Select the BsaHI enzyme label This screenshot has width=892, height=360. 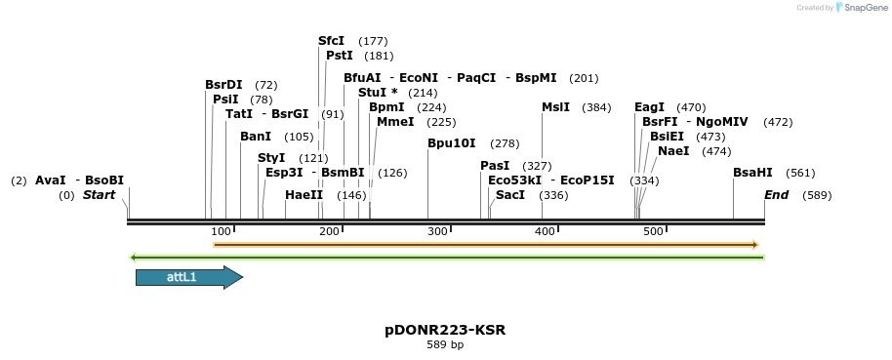[x=752, y=173]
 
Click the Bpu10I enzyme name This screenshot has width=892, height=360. [x=452, y=143]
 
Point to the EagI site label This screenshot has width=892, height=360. [x=649, y=107]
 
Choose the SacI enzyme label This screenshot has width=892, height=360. [x=510, y=195]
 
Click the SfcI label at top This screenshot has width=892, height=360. [x=332, y=41]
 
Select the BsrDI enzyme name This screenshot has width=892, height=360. [x=223, y=85]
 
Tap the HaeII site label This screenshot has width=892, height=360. [x=304, y=195]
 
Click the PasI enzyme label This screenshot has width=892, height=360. [x=496, y=166]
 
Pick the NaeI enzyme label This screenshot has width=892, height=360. [x=673, y=151]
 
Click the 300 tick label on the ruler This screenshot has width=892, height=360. [x=437, y=231]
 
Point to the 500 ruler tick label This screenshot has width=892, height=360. [x=653, y=231]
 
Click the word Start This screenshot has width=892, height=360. [x=99, y=195]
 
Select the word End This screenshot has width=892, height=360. [x=777, y=195]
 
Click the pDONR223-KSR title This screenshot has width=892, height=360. [x=445, y=330]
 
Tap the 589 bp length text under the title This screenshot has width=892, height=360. [x=445, y=344]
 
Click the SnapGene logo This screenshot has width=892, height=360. [x=860, y=8]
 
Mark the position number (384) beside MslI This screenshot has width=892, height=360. [x=596, y=107]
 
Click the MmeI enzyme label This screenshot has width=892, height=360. [x=395, y=122]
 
